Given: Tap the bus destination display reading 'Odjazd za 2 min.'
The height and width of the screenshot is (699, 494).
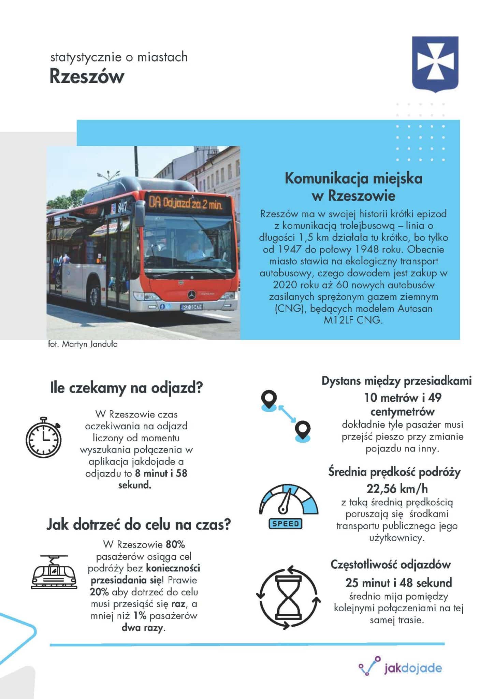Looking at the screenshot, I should (185, 204).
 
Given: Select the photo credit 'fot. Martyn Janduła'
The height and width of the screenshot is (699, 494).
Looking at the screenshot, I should (83, 344).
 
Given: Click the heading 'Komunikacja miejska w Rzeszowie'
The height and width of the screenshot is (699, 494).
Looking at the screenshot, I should (353, 187).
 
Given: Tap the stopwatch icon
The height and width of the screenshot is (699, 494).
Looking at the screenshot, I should (44, 437).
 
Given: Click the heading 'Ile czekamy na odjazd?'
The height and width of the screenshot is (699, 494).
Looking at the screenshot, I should (127, 388).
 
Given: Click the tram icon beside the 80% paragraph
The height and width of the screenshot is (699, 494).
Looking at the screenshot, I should (54, 572).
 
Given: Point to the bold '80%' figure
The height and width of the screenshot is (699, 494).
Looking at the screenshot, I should (175, 544).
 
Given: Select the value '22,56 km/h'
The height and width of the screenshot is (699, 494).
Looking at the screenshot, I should (397, 489).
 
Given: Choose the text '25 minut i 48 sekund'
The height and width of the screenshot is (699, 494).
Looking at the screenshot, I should (398, 583).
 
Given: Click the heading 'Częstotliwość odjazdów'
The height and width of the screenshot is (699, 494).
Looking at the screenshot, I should (391, 565).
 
